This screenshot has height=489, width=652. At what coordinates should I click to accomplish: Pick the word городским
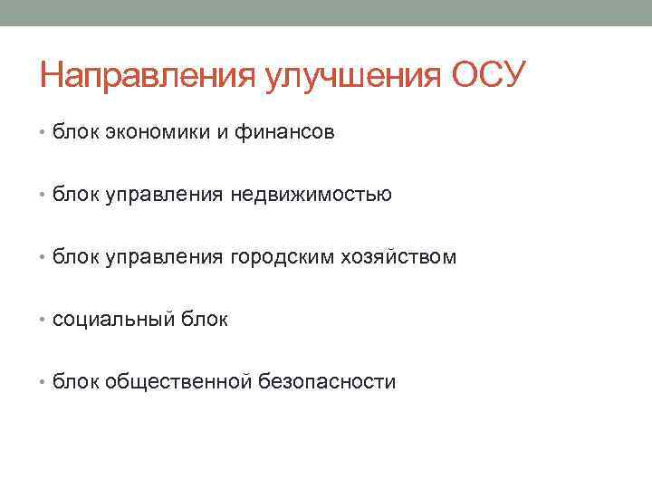tap(292, 258)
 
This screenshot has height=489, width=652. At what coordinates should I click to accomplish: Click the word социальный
tap(107, 320)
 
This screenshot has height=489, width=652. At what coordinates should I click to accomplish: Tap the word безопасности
tap(327, 382)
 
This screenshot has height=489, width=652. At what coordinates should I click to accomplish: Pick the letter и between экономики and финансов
tap(221, 134)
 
